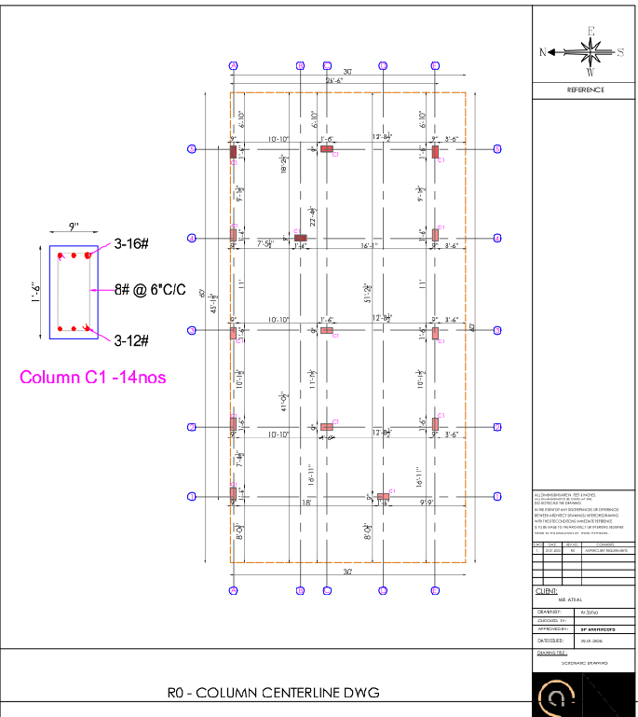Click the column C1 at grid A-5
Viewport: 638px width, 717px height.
234,151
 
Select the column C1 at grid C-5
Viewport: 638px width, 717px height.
327,148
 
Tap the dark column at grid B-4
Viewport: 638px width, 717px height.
301,238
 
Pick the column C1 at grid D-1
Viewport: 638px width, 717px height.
383,496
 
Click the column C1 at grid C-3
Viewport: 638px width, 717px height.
327,330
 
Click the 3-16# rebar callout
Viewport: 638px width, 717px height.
132,243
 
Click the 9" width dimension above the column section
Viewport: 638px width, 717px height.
73,226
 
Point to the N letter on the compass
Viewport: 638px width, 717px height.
543,52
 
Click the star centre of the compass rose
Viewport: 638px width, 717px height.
590,51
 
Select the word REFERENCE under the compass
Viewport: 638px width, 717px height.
585,90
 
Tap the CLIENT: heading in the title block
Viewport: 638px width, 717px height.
547,591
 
